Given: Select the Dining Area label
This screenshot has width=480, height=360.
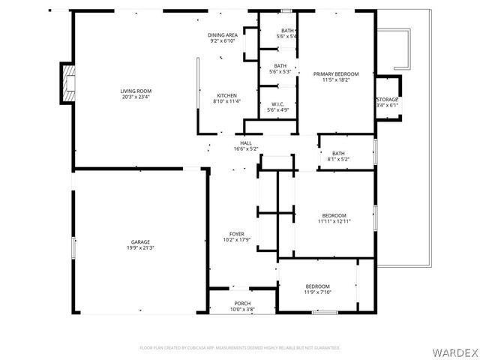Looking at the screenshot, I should coord(223,35).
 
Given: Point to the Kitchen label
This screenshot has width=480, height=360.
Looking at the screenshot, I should coord(227,95).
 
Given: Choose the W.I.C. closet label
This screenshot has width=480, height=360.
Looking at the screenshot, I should coord(277,104).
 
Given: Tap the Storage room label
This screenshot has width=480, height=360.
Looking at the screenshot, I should coord(387,99).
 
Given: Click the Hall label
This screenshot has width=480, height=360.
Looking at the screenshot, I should coord(246,142).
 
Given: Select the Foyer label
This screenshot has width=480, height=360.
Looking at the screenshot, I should coord(237,234).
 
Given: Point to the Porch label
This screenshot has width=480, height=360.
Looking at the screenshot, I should coord(232,303).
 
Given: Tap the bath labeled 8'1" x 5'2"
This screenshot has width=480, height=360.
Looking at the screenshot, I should coord(339,159).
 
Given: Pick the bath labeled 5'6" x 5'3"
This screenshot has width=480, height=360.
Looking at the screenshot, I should coord(280,71).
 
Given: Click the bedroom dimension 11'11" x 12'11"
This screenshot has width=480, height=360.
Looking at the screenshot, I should coord(334,221).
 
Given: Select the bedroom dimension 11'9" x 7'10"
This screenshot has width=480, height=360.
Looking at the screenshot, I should coord(317,292).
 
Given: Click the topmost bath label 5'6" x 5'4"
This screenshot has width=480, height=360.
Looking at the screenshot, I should coord(287,36).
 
